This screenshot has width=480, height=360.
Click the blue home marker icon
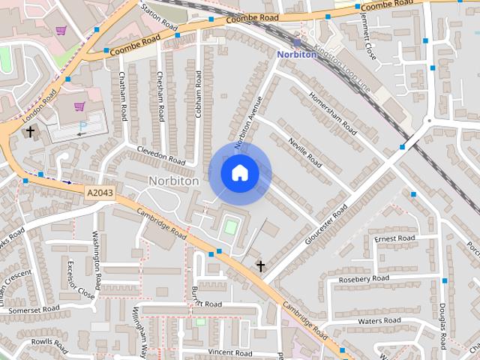[239, 173]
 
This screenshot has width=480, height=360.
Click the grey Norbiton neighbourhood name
[173, 181]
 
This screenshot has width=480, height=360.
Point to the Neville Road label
[304, 152]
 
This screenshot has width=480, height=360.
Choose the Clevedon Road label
[160, 155]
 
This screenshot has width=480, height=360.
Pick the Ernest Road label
[395, 238]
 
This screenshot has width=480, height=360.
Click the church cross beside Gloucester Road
[261, 266]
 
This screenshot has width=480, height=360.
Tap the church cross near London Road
[31, 131]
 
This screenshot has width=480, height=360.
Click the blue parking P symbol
[82, 125]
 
